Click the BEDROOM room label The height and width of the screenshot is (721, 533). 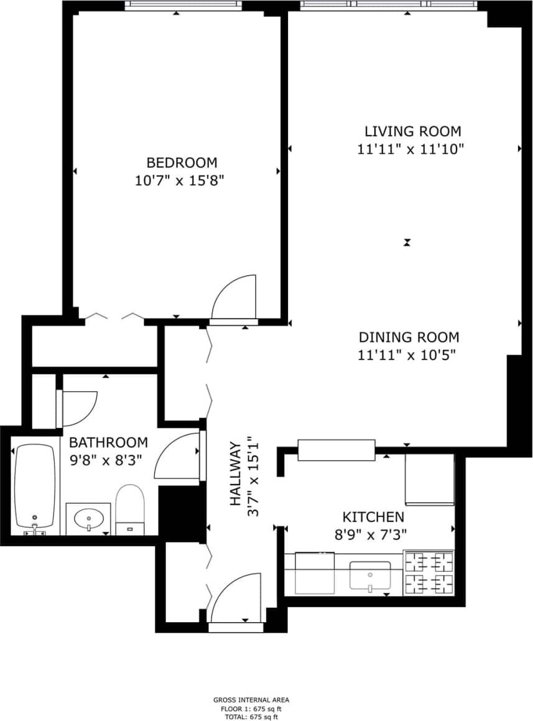(182, 162)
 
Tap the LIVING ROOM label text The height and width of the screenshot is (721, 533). (412, 131)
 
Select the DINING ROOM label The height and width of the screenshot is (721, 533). (409, 337)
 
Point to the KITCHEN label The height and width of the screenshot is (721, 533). (373, 516)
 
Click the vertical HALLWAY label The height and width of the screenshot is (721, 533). (235, 473)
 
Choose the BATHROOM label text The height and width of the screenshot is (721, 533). (108, 442)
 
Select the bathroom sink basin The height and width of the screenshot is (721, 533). (88, 518)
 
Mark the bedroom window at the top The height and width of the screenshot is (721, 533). (182, 6)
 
